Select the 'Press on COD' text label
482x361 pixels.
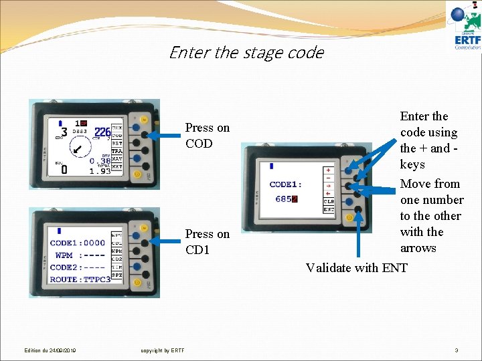207,135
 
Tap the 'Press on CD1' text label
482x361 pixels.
207,241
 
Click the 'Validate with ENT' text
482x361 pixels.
356,268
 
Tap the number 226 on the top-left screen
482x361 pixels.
102,133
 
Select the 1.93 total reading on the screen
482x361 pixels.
100,171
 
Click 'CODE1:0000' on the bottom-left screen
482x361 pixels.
78,243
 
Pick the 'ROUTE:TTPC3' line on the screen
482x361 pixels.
80,279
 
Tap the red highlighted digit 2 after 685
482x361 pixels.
295,199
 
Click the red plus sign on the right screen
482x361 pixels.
329,170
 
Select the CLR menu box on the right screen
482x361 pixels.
329,201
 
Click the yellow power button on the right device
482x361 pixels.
349,217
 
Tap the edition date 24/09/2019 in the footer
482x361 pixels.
50,350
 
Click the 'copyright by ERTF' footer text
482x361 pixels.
163,350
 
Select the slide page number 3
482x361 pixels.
456,350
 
